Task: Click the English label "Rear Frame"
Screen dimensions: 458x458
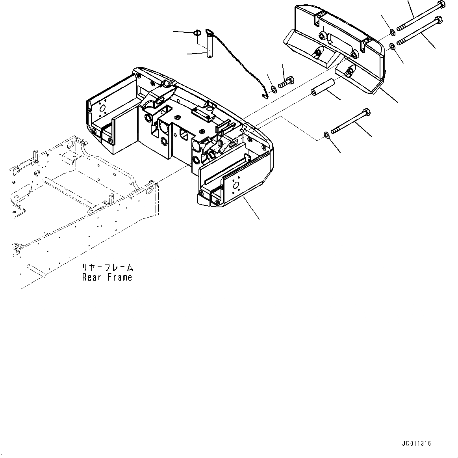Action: (x=107, y=277)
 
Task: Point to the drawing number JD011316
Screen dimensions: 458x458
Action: (x=417, y=443)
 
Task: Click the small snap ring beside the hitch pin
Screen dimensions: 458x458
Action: (x=198, y=32)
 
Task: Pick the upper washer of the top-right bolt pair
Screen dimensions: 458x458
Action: (x=392, y=32)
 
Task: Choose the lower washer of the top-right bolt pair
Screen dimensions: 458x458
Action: (x=393, y=47)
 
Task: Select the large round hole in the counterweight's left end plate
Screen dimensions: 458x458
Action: (x=103, y=108)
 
